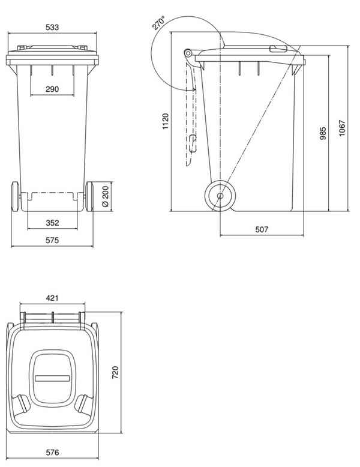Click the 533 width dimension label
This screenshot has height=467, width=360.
pyautogui.click(x=52, y=28)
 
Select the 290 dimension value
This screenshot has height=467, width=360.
pyautogui.click(x=52, y=89)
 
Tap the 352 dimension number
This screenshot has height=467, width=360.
pyautogui.click(x=52, y=223)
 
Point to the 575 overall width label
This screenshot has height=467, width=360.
pyautogui.click(x=52, y=240)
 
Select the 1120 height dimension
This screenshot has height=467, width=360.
pyautogui.click(x=165, y=122)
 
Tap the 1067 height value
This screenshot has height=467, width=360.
pyautogui.click(x=341, y=128)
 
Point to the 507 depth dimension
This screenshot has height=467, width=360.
pyautogui.click(x=262, y=229)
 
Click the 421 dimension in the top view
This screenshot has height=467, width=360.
pyautogui.click(x=52, y=297)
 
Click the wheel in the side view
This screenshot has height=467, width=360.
pyautogui.click(x=220, y=196)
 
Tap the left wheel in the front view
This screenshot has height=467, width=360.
pyautogui.click(x=14, y=196)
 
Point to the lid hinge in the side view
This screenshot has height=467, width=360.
pyautogui.click(x=190, y=56)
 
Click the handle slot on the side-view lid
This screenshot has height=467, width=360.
pyautogui.click(x=278, y=49)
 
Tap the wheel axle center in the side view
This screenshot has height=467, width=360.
pyautogui.click(x=220, y=196)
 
